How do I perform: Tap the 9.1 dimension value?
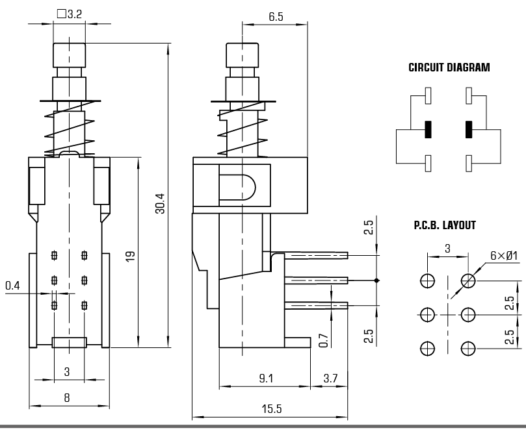coord(265,378)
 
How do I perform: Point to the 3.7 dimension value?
coord(330,378)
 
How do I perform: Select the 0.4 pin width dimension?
coord(12,285)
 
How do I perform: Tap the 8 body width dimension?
coord(66,397)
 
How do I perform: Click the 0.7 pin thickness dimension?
coord(324,340)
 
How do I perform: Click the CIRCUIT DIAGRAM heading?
coord(449,68)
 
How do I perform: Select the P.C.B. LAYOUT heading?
coord(444,226)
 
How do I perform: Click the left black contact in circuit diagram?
coord(428,129)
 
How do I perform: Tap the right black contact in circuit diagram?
coord(468,129)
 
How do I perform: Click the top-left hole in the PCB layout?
coord(428,281)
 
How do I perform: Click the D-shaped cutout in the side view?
coord(237,184)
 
